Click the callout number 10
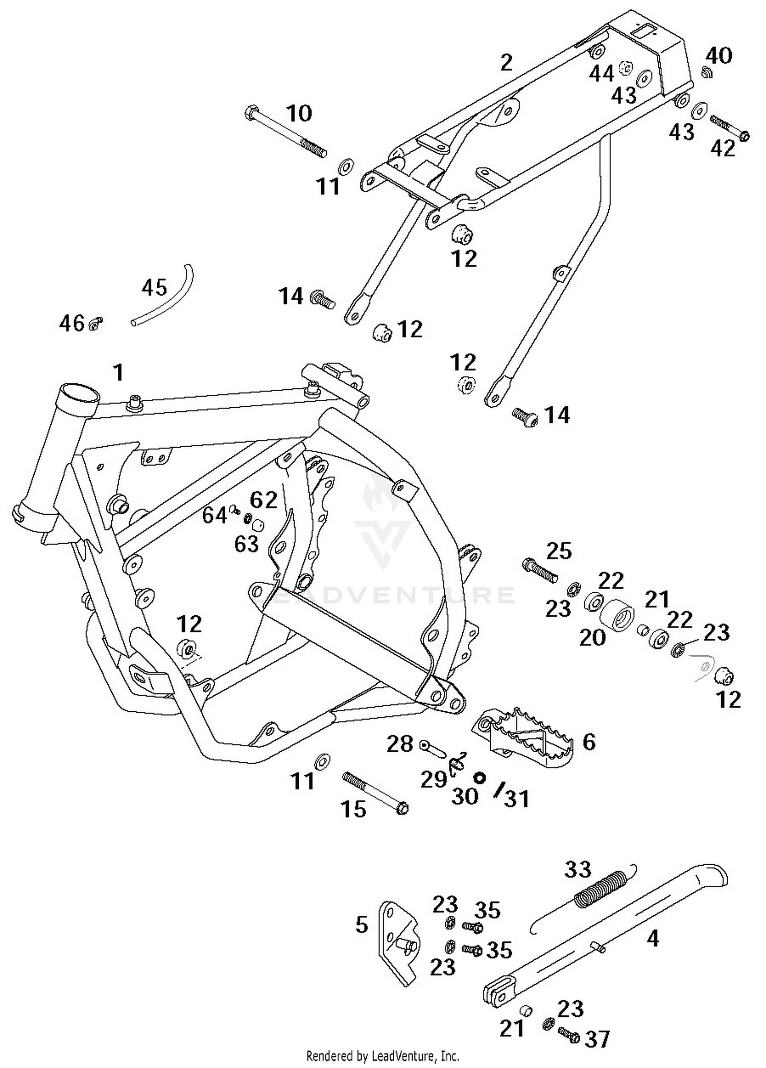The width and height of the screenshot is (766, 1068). coord(299,113)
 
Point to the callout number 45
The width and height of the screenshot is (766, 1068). coord(154,288)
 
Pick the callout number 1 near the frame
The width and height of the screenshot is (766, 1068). coord(118,373)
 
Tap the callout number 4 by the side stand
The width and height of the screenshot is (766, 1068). coord(653,939)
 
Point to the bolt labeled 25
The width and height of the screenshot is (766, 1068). coord(539,571)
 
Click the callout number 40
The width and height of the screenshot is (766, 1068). coord(719,55)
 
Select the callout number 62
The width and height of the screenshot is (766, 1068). coord(264,500)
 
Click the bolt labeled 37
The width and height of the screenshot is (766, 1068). coord(568,1035)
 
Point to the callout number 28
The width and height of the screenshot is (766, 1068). coord(399,744)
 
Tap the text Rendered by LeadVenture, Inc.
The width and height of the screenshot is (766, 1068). coord(382,1055)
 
